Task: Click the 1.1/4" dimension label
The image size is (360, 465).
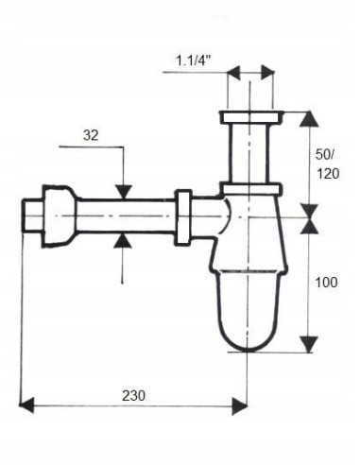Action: click(192, 60)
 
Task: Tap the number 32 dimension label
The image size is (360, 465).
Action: click(91, 135)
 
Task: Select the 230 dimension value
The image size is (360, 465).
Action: click(134, 395)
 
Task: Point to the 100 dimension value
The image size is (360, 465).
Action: click(327, 283)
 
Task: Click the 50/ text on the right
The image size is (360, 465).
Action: click(326, 154)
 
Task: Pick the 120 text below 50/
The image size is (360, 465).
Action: click(328, 174)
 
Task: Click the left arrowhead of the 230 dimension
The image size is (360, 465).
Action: click(26, 405)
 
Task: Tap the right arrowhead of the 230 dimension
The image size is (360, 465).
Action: click(240, 405)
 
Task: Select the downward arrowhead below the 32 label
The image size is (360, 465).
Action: click(123, 192)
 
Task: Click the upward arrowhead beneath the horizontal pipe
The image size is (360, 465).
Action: click(123, 241)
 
